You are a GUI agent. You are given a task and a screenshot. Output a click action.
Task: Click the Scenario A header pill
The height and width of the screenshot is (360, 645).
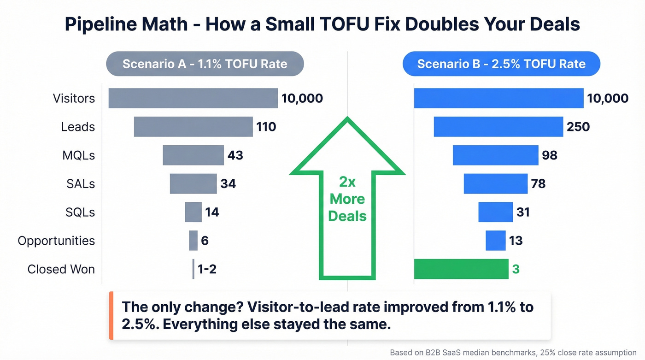[x=205, y=64]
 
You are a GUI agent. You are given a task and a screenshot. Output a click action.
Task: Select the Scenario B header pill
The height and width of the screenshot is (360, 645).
[x=501, y=64]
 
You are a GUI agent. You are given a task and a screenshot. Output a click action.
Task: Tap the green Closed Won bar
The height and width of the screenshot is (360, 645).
[x=461, y=269]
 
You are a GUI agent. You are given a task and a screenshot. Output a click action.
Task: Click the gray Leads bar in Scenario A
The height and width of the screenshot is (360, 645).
[x=193, y=127]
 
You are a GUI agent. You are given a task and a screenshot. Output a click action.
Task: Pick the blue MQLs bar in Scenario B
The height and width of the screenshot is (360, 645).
[x=495, y=155]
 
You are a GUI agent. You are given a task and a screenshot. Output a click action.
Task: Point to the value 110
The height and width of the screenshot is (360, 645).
[x=266, y=127]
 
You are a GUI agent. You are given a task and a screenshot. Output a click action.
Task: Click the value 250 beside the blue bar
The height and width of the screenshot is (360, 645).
[x=578, y=127]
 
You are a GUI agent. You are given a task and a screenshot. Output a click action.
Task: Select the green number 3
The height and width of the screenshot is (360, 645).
[x=516, y=269]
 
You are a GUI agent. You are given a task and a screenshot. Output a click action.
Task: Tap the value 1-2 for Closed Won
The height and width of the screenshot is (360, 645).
[x=207, y=269]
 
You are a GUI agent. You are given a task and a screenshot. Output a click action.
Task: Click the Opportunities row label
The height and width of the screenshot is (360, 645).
[x=56, y=241]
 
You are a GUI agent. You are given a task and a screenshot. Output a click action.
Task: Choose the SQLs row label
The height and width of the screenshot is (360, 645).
[x=80, y=212]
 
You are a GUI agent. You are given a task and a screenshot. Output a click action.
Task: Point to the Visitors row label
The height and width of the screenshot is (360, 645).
[x=74, y=98]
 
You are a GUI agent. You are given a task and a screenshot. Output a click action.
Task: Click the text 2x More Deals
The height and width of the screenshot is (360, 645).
[x=347, y=199]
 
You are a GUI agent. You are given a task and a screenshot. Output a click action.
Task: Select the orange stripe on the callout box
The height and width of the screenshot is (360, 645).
[x=111, y=316]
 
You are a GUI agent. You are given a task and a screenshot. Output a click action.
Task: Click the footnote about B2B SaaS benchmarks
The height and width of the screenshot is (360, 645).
[x=513, y=352]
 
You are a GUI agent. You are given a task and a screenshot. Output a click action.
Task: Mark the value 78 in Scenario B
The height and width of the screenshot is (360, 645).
[x=538, y=183]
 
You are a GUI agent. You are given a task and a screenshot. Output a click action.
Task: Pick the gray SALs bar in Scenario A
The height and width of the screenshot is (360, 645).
[x=193, y=183]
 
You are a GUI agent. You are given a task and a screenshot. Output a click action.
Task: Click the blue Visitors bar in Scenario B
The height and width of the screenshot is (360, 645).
[x=498, y=98]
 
